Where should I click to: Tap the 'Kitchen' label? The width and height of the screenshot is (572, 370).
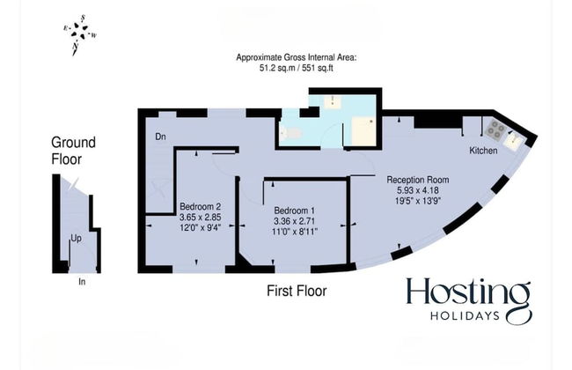(x=482, y=152)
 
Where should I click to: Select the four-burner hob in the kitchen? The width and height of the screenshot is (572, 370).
(x=495, y=130)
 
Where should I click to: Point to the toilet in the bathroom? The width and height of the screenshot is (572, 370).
(x=291, y=133)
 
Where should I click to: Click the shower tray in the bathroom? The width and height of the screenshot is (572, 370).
(x=362, y=131)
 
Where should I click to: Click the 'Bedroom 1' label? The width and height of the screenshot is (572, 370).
(x=296, y=210)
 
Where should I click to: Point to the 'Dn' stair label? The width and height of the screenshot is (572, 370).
(x=160, y=137)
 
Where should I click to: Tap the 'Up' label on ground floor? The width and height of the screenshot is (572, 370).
(x=77, y=239)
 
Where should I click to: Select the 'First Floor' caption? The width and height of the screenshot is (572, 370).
(x=297, y=290)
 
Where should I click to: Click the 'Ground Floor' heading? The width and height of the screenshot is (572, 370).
(x=73, y=151)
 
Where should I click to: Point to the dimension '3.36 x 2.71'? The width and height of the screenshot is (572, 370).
(x=296, y=220)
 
